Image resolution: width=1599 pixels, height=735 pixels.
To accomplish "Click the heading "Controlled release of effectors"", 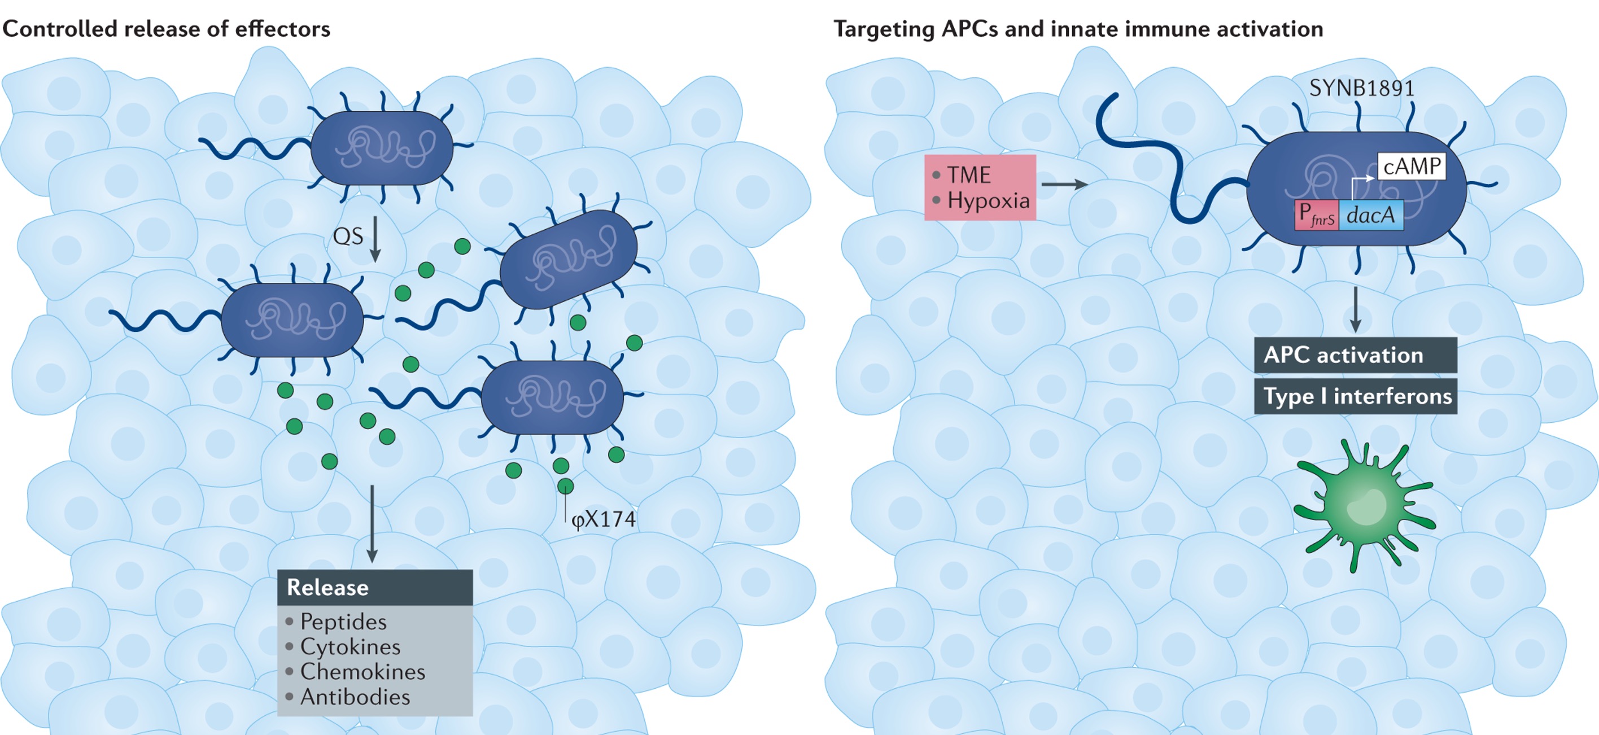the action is [x=167, y=29].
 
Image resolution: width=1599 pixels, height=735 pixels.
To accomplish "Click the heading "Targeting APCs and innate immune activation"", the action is [x=1078, y=29].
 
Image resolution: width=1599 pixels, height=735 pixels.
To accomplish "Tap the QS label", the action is [x=348, y=237].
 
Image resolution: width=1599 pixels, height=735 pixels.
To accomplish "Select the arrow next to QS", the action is [x=375, y=239].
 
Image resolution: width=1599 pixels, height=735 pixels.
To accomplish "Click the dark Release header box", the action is [x=375, y=587].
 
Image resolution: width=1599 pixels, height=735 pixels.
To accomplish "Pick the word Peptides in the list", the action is [x=343, y=622].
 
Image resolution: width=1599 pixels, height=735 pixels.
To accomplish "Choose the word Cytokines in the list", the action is [x=351, y=647].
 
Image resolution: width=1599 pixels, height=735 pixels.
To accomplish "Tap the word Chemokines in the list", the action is [x=363, y=672].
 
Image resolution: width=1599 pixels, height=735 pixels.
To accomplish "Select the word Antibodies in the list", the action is [x=355, y=697].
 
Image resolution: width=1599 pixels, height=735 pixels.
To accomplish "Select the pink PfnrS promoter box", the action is [x=1317, y=216].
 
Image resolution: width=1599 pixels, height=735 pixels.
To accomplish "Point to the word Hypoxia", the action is [x=989, y=201].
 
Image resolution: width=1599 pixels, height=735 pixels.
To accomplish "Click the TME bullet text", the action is [x=969, y=175].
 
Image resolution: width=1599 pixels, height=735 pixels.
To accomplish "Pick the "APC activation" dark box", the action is [x=1356, y=355].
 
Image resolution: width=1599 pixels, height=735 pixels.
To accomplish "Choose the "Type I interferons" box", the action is [x=1356, y=396].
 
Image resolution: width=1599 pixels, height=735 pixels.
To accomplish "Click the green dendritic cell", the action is [x=1364, y=506].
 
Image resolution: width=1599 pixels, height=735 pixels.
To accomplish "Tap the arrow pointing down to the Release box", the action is [x=372, y=524].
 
